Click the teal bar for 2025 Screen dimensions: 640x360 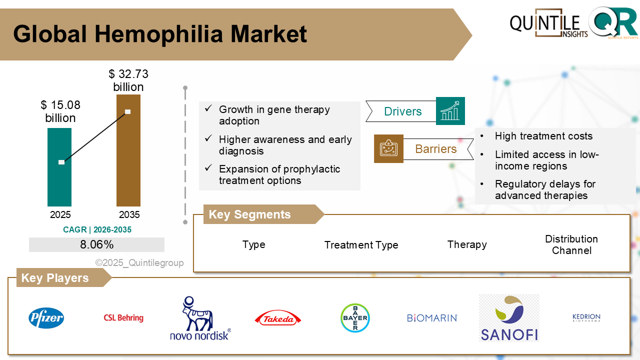[59, 167]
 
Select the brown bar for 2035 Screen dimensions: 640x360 [128, 150]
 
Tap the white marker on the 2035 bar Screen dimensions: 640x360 [127, 111]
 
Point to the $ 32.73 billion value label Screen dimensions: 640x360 [128, 80]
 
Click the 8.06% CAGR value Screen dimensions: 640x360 [96, 244]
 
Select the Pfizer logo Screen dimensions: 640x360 [46, 318]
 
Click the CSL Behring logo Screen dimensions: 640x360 [123, 317]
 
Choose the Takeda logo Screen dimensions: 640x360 [277, 318]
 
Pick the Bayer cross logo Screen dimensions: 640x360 [355, 318]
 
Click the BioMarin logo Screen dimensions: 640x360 [432, 318]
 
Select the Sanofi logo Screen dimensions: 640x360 [509, 318]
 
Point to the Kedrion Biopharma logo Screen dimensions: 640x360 [586, 317]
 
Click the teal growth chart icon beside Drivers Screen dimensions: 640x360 [450, 111]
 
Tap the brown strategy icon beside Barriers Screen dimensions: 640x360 [388, 148]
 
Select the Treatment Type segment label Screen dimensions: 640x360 [361, 245]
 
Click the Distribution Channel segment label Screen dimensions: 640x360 [571, 244]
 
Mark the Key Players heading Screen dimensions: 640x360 [55, 277]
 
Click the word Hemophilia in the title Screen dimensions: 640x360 [158, 34]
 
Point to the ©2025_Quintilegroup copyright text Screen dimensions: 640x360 [139, 262]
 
